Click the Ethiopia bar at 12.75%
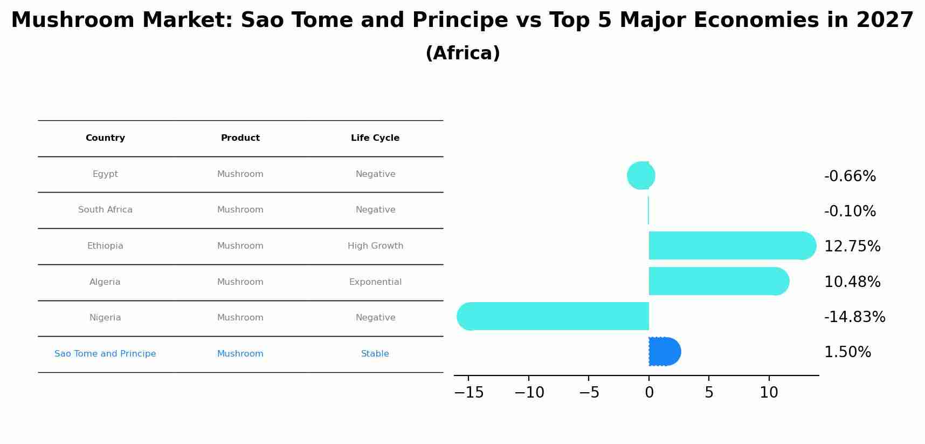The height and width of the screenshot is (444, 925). pyautogui.click(x=733, y=245)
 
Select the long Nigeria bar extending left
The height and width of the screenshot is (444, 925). pyautogui.click(x=553, y=316)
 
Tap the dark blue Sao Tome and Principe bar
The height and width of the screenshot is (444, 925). pyautogui.click(x=665, y=352)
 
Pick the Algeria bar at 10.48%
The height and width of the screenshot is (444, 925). pyautogui.click(x=719, y=281)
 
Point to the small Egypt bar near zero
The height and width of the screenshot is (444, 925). pyautogui.click(x=641, y=175)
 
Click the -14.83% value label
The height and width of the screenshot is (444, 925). pyautogui.click(x=854, y=317)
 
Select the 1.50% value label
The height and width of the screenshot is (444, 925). pyautogui.click(x=847, y=352)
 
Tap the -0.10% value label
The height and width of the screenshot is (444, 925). pyautogui.click(x=850, y=211)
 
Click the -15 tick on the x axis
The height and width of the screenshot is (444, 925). pyautogui.click(x=469, y=393)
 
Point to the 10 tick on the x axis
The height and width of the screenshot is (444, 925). pyautogui.click(x=769, y=393)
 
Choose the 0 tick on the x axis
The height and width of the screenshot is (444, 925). pyautogui.click(x=649, y=393)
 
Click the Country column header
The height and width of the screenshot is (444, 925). pyautogui.click(x=105, y=138)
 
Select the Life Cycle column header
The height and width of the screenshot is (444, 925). pyautogui.click(x=375, y=138)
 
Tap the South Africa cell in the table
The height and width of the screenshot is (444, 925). pyautogui.click(x=105, y=210)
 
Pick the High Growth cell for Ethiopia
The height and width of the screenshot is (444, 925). pyautogui.click(x=375, y=246)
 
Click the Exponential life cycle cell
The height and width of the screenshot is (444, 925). pyautogui.click(x=375, y=282)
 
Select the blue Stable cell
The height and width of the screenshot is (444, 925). pyautogui.click(x=375, y=354)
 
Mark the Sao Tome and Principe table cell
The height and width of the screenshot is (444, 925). pyautogui.click(x=105, y=354)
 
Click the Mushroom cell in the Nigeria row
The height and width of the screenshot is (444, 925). pyautogui.click(x=240, y=318)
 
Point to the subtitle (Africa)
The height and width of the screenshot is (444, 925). pyautogui.click(x=462, y=53)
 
